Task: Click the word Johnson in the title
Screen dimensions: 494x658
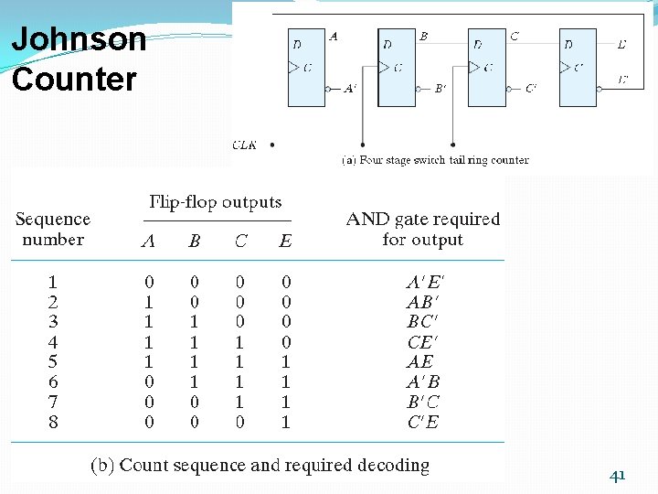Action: coord(79,40)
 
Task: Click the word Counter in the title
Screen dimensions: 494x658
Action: coord(74,79)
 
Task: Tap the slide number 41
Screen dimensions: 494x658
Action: coord(618,474)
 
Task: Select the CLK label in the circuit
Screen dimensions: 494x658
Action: coord(245,145)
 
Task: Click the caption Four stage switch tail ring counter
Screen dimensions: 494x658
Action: coord(435,160)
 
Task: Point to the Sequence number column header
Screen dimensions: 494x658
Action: coord(53,230)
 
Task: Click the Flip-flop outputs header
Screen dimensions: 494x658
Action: coord(216,202)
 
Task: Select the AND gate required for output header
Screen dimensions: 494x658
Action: coord(423,230)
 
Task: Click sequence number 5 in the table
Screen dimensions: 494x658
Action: coord(53,361)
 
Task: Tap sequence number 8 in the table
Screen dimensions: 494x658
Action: coord(53,422)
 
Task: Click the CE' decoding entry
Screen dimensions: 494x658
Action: coord(422,341)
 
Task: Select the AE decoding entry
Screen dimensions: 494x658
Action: coord(421,361)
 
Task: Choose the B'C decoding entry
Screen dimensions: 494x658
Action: coord(422,402)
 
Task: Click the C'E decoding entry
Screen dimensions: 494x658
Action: coord(422,422)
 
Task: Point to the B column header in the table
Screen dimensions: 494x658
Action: coord(195,242)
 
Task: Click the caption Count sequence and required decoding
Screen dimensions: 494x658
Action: coord(260,465)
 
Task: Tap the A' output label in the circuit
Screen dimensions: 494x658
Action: coord(350,89)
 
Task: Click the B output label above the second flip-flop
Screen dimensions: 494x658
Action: coord(423,37)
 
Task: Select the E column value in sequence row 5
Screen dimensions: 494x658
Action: coord(286,361)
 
